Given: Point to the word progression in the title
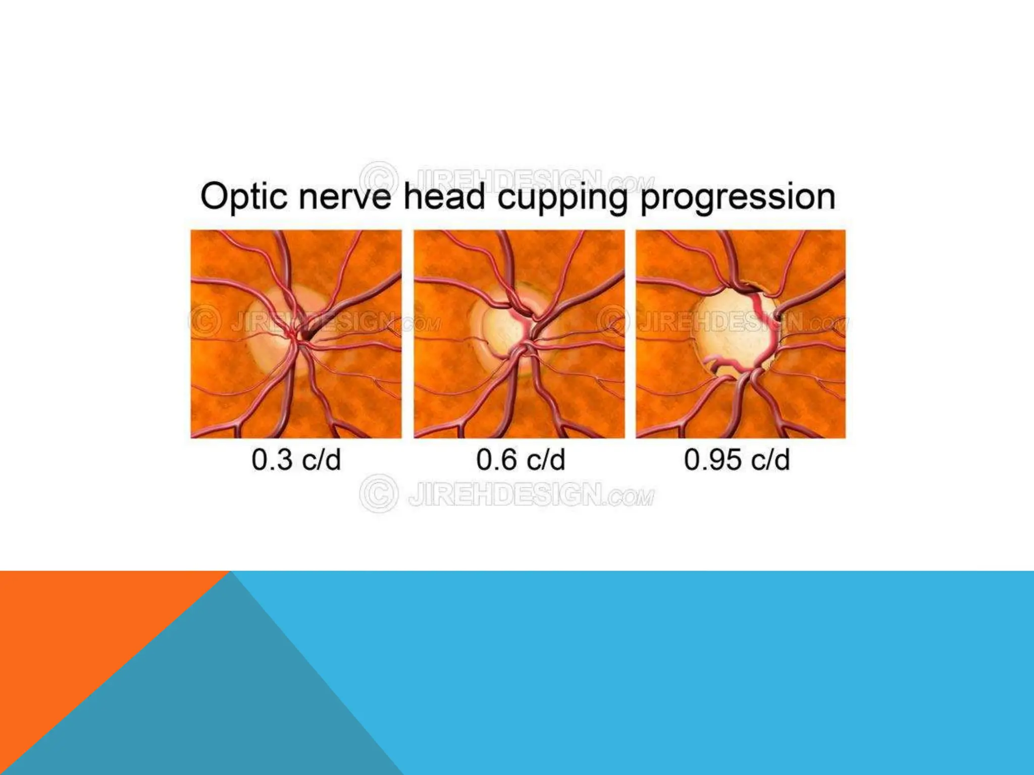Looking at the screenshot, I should click(x=737, y=198).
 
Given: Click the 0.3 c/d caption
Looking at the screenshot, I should click(x=296, y=460).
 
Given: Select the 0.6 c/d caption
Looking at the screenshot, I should click(x=521, y=460).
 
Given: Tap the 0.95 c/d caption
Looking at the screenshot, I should click(x=737, y=460).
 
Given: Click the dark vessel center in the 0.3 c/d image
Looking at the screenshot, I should click(x=306, y=335).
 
